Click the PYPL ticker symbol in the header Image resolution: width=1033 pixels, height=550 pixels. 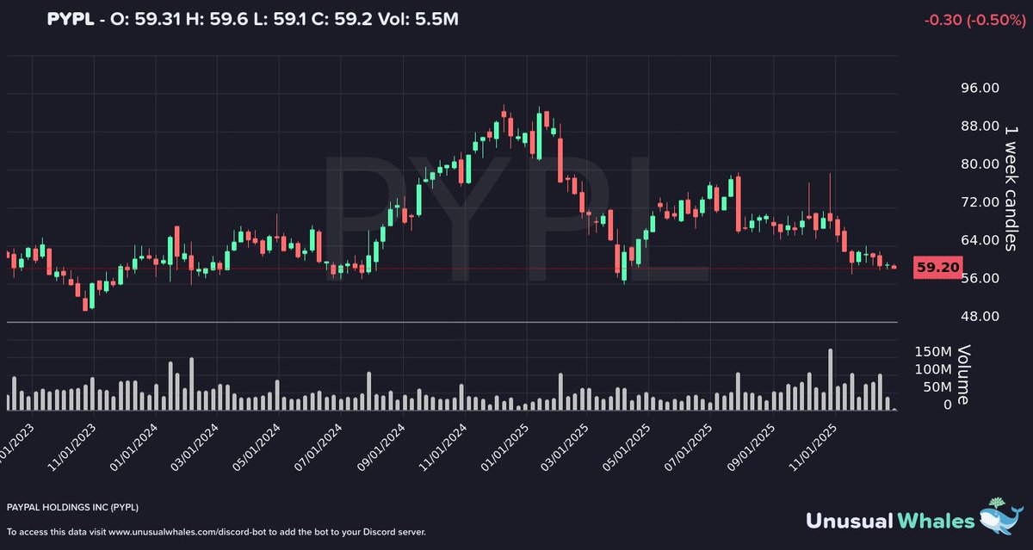(x=70, y=19)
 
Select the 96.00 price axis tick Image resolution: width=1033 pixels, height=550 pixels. (x=979, y=88)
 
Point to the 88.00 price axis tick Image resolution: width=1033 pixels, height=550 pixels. (x=979, y=126)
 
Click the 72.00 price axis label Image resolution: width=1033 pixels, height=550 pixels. (x=979, y=201)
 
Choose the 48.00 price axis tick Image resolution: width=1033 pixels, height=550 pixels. (x=979, y=316)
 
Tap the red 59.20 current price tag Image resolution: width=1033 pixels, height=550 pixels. (x=937, y=268)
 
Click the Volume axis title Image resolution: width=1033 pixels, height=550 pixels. (x=963, y=374)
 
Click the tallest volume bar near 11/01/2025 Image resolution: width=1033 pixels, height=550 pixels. (x=830, y=380)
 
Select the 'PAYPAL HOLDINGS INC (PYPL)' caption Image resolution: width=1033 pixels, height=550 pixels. (x=72, y=507)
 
